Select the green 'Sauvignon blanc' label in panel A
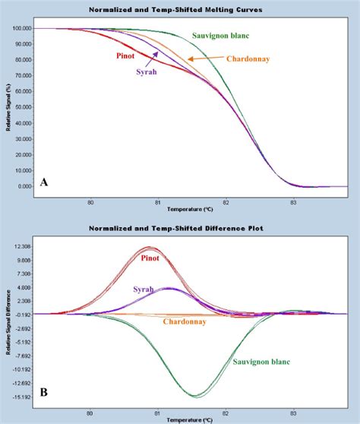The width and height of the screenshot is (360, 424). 232,35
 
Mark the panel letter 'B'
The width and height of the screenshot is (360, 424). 44,393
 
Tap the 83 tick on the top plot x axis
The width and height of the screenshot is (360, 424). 291,201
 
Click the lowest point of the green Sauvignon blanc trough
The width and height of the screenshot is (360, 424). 197,395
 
